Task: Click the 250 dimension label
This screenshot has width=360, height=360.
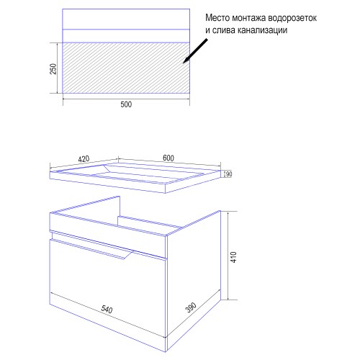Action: [53, 69]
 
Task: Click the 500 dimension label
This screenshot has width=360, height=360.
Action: [126, 104]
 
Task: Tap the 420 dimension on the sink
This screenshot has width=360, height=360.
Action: [84, 159]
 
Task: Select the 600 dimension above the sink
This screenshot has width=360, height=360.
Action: [168, 158]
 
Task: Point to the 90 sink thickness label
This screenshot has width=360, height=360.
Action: [229, 174]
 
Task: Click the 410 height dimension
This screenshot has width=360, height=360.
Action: [234, 257]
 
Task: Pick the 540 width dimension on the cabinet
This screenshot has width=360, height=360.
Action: [107, 309]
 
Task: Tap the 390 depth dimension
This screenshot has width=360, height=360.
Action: [191, 307]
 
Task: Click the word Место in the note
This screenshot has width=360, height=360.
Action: [217, 18]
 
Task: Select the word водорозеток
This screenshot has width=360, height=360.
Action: [292, 18]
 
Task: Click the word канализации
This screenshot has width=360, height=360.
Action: [263, 30]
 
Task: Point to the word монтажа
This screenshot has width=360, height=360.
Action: [249, 18]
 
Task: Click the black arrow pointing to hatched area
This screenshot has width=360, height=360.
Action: [195, 51]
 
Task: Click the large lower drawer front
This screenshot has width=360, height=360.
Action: [107, 295]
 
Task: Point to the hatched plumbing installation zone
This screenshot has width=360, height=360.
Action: [126, 68]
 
